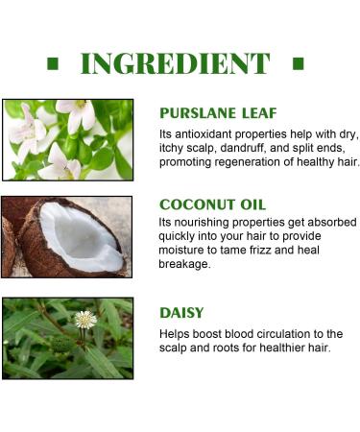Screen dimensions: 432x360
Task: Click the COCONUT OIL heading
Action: [213, 204]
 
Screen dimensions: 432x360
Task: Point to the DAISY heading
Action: [181, 313]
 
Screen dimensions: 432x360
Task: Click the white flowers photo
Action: [67, 139]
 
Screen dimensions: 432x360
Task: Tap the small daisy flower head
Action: [85, 320]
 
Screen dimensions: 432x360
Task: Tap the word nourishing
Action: [203, 223]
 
